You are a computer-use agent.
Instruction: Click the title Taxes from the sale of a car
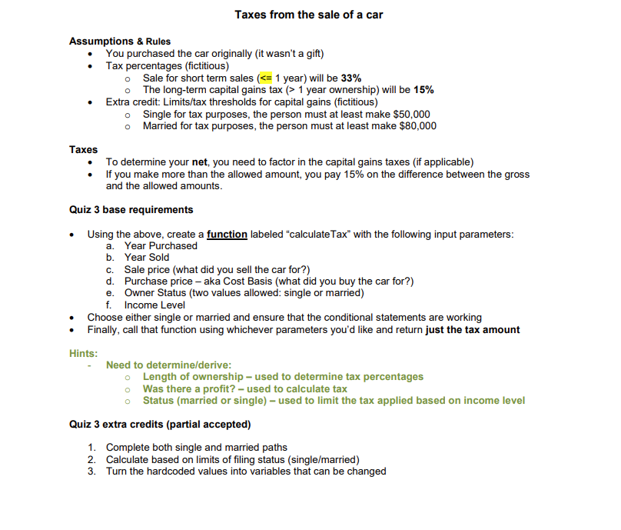[x=308, y=15]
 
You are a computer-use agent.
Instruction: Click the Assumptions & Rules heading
[x=120, y=42]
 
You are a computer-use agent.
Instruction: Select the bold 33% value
[x=351, y=78]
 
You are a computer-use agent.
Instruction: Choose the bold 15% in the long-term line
[x=423, y=90]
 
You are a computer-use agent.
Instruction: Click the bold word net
[x=202, y=162]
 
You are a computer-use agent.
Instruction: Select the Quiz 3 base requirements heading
[x=131, y=210]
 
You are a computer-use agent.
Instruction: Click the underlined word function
[x=227, y=234]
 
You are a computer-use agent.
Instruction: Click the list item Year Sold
[x=147, y=258]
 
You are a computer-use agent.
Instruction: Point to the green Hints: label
[x=84, y=353]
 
